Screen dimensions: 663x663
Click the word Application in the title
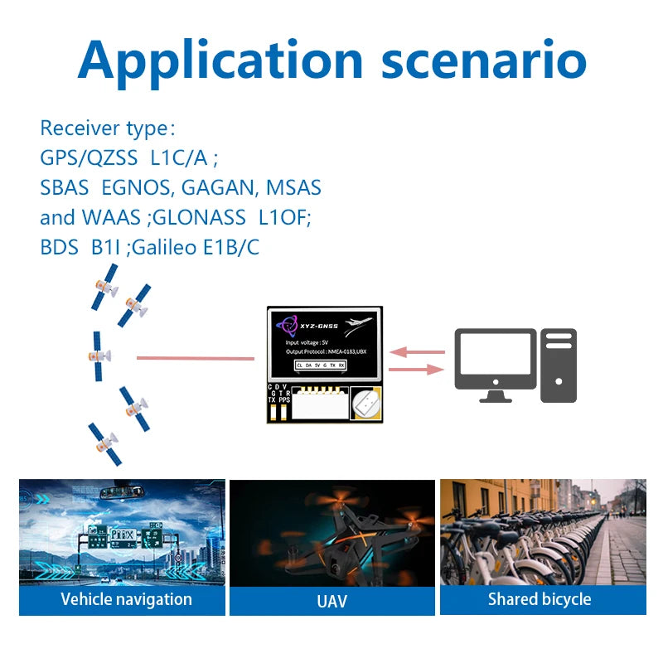pos(220,60)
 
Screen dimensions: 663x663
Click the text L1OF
pos(284,218)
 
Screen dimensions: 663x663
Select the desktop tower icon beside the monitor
pos(559,365)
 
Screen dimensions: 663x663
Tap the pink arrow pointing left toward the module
pos(418,352)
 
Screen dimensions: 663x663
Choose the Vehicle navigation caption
pos(126,599)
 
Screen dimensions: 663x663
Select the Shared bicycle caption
pos(540,599)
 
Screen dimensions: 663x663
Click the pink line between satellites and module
pos(196,358)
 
